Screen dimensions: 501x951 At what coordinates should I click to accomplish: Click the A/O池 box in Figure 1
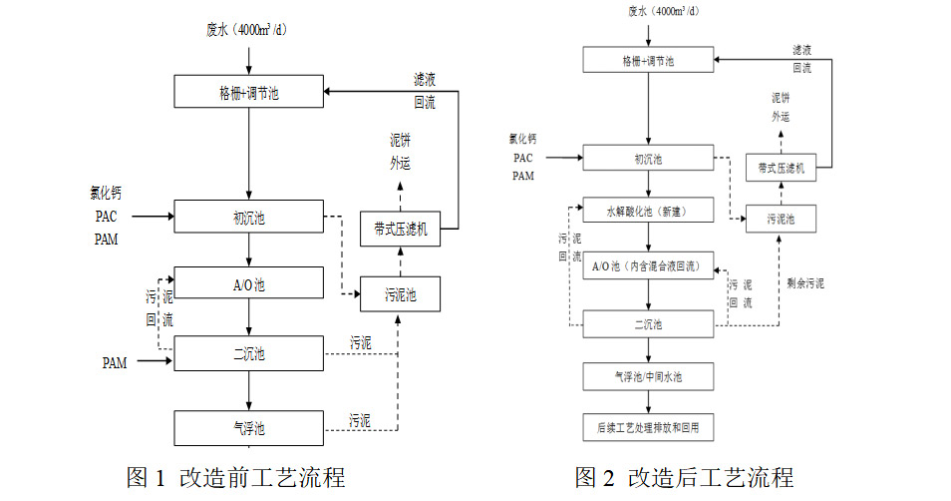(249, 283)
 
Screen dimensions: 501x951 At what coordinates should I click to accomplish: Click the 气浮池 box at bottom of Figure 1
(249, 428)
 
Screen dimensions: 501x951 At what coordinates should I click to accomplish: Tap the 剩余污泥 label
(805, 283)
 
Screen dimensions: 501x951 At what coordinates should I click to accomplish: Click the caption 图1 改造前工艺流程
(235, 477)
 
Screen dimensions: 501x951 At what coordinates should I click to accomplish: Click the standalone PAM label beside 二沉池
(116, 363)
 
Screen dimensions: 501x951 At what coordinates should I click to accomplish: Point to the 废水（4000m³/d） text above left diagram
(248, 29)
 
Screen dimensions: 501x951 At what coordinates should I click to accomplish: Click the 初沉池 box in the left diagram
(249, 218)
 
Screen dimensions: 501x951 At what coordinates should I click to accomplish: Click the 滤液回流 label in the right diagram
(801, 58)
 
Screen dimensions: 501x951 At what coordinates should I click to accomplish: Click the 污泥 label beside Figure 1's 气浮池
(360, 420)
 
